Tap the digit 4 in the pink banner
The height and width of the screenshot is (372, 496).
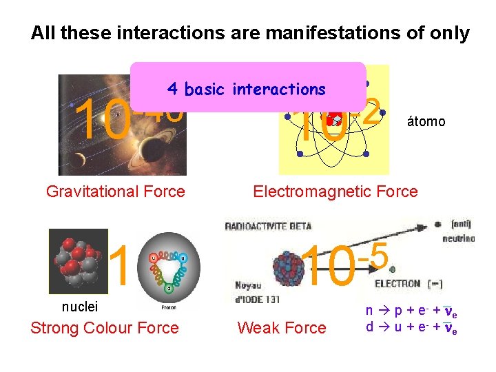pos(172,90)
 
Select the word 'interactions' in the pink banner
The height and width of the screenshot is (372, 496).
pos(279,90)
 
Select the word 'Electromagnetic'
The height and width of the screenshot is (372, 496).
pos(309,192)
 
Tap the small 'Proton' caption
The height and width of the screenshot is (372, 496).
pos(168,308)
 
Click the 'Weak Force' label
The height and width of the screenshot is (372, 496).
pos(282,328)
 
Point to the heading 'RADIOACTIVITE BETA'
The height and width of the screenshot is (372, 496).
pos(268,225)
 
